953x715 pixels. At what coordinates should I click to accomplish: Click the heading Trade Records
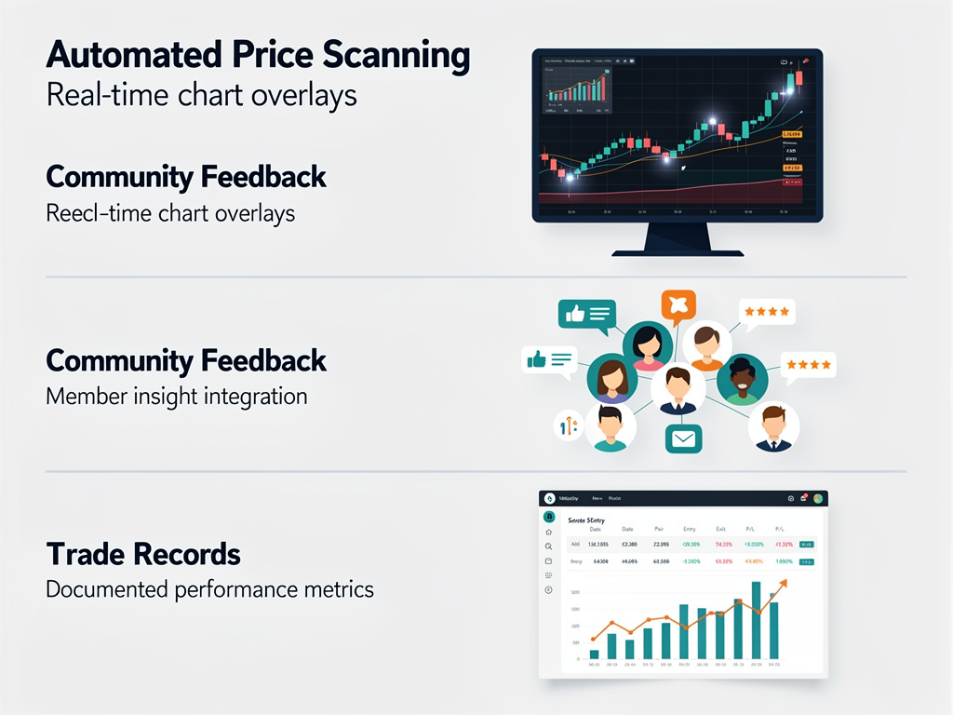[x=143, y=555]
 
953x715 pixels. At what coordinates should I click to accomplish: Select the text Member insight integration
[x=176, y=396]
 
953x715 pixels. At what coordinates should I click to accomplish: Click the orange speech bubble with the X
[x=678, y=305]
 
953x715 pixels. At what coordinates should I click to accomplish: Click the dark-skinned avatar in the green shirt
[x=742, y=378]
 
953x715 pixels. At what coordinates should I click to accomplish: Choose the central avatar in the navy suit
[x=678, y=389]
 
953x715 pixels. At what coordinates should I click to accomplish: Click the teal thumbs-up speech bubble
[x=586, y=316]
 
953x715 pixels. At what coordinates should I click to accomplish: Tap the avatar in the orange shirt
[x=707, y=346]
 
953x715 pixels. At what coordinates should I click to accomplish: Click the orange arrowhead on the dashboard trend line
[x=783, y=583]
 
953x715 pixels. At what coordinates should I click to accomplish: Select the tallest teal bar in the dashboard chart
[x=757, y=620]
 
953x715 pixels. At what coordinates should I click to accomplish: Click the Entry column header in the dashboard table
[x=690, y=528]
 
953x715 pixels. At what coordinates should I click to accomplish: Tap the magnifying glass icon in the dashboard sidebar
[x=549, y=546]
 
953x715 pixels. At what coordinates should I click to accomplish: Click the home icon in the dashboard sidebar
[x=549, y=532]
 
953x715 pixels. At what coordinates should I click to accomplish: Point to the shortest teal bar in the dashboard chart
[x=594, y=654]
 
